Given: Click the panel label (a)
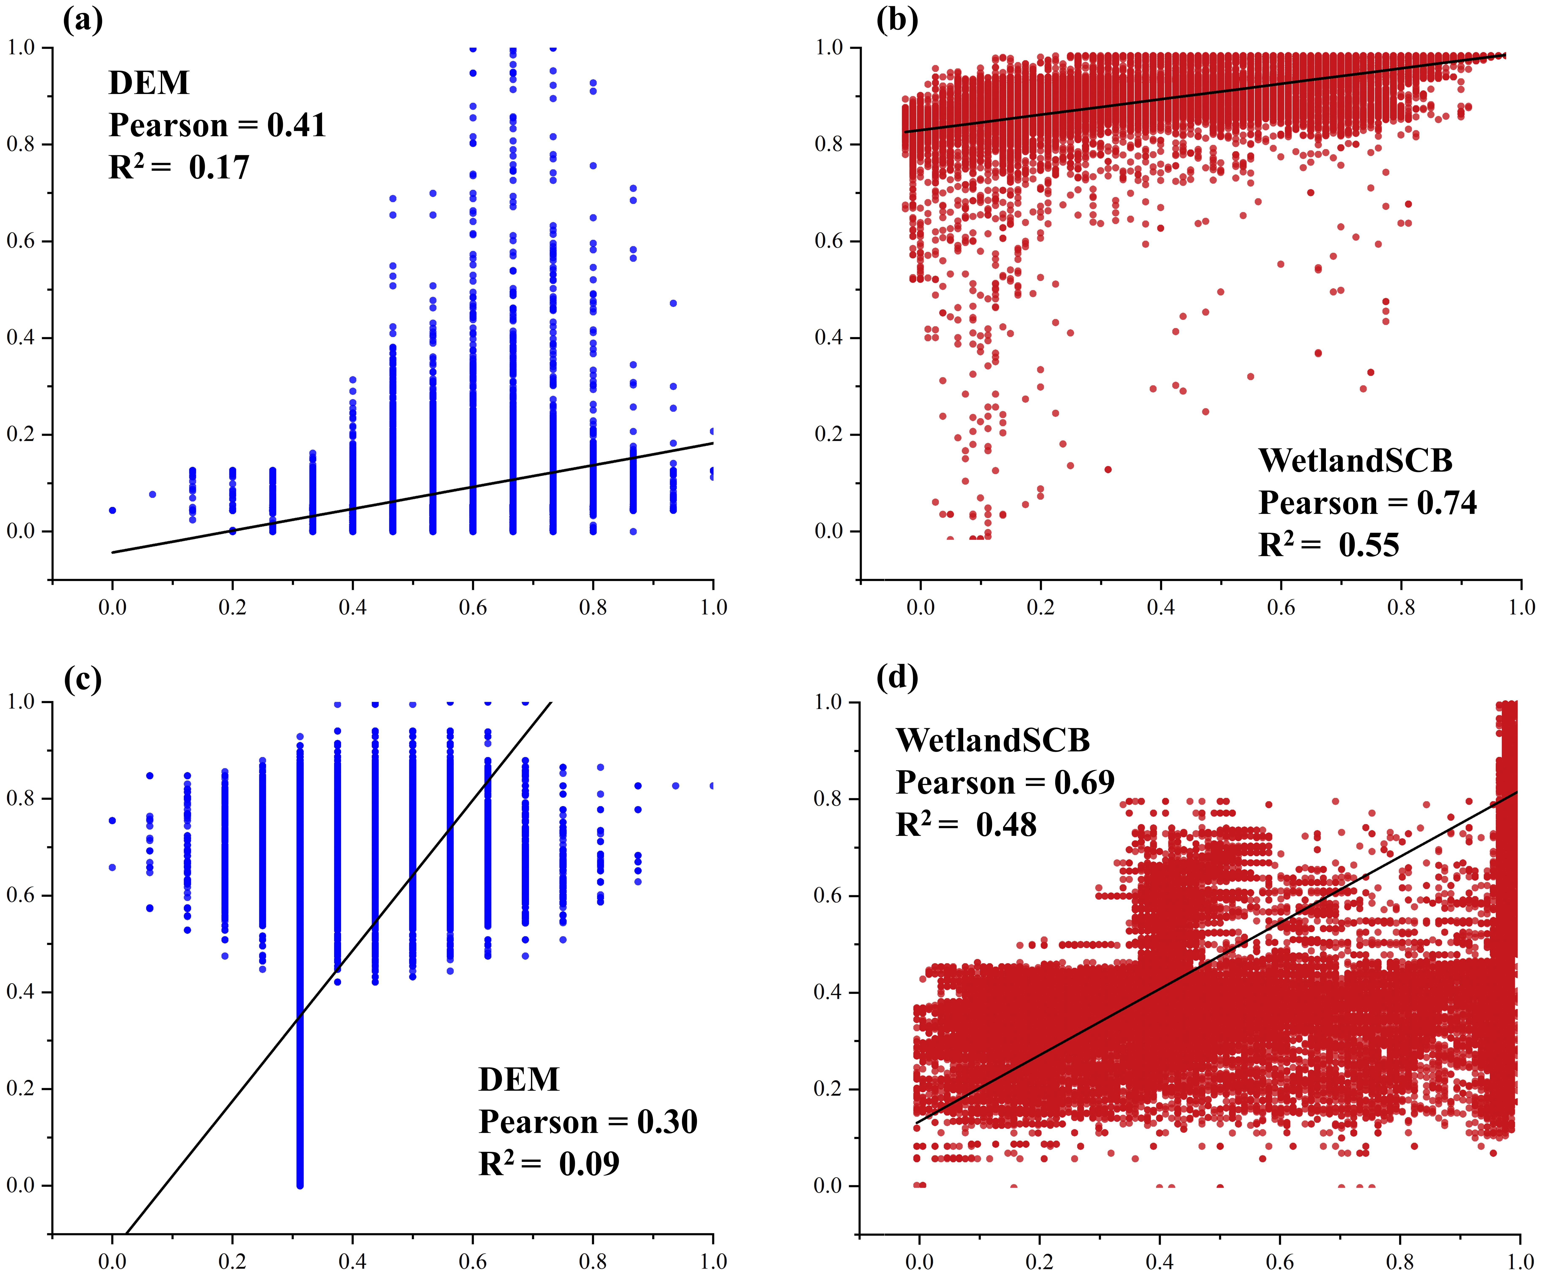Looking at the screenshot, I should [x=82, y=20].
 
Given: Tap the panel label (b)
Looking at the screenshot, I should [x=897, y=20].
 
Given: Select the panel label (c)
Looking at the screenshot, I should [x=82, y=680].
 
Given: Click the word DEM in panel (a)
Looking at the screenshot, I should [x=149, y=83].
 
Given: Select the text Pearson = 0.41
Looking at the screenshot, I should [x=217, y=125].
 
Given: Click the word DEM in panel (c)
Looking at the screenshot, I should [x=519, y=1080].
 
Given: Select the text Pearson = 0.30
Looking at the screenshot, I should [x=588, y=1122].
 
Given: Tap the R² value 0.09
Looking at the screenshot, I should [x=589, y=1164].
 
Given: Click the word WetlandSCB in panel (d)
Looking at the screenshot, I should [x=993, y=741].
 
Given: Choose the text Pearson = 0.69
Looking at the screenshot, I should [x=1005, y=783].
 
